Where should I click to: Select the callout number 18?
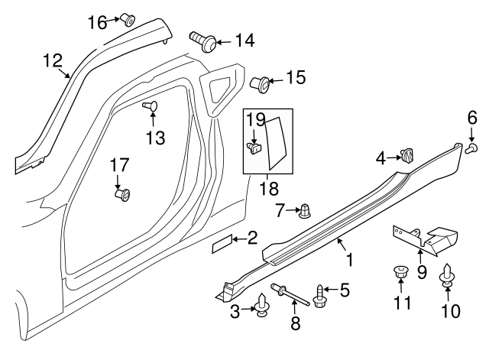(x=267, y=186)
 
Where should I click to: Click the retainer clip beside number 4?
(x=407, y=157)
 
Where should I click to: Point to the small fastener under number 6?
(x=472, y=146)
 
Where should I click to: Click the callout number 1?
(x=351, y=261)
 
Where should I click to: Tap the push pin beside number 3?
(x=263, y=306)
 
